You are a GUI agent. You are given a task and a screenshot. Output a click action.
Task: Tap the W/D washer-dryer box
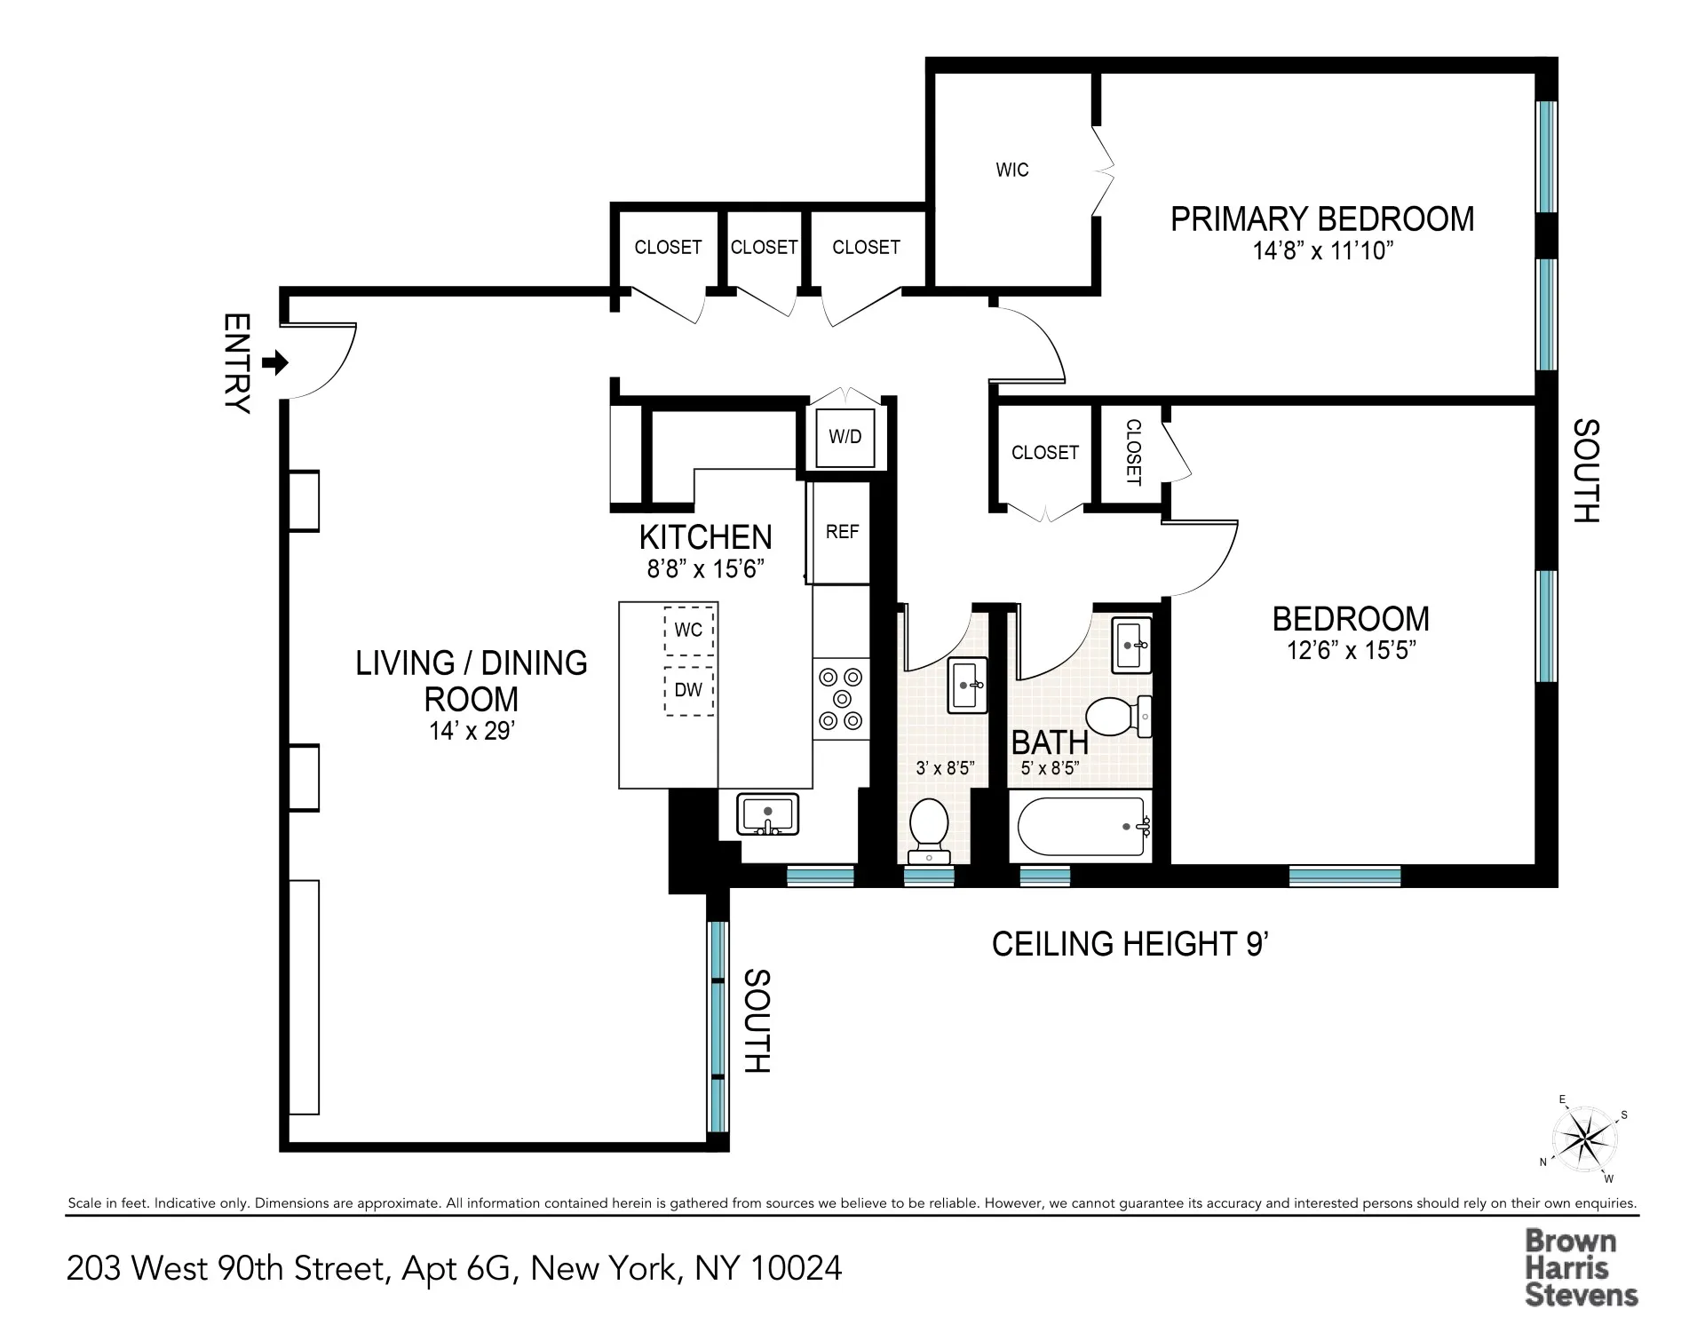(x=845, y=437)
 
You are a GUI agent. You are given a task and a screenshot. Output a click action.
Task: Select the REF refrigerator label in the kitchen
(x=842, y=531)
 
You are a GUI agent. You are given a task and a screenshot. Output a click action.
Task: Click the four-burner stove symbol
(x=840, y=698)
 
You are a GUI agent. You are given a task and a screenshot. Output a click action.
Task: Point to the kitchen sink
(x=767, y=815)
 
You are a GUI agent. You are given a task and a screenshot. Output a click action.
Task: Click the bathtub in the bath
(x=1080, y=827)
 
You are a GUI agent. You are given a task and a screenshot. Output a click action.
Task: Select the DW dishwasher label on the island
(x=688, y=690)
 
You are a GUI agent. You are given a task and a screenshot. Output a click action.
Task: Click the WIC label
(x=1012, y=170)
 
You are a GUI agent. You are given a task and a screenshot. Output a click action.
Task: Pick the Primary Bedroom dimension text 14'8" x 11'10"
(x=1322, y=251)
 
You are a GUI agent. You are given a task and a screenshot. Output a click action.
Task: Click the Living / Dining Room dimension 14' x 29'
(x=471, y=731)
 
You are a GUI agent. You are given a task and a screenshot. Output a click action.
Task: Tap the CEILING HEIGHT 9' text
(x=1129, y=944)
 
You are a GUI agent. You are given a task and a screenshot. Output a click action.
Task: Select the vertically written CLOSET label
(x=1133, y=452)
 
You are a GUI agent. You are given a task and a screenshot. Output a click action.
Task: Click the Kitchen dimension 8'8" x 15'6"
(x=705, y=568)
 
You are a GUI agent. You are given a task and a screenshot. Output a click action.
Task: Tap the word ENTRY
(x=236, y=363)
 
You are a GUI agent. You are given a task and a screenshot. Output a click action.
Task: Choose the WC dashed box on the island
(x=688, y=630)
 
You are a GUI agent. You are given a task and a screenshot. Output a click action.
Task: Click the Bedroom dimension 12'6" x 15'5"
(x=1350, y=651)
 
